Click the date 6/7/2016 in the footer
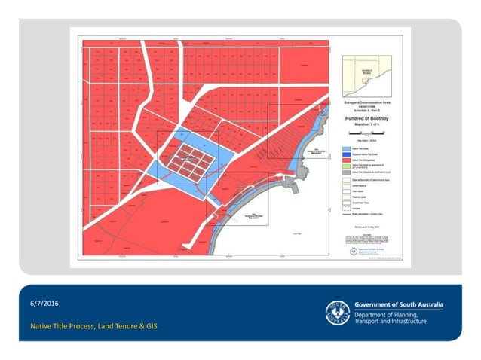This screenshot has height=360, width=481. (x=43, y=303)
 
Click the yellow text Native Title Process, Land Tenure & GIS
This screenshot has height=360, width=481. (x=93, y=327)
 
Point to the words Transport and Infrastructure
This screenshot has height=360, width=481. (x=390, y=322)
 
